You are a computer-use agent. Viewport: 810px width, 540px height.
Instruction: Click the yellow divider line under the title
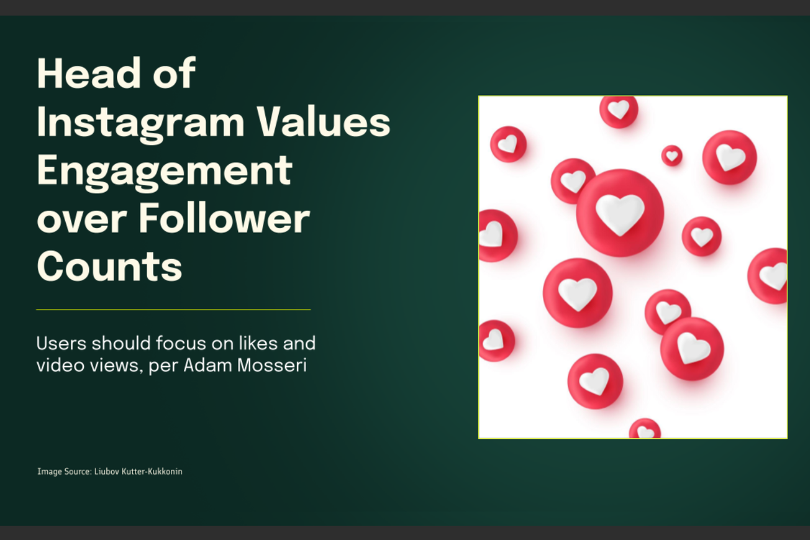click(x=173, y=309)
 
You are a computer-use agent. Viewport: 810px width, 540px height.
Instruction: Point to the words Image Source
click(x=64, y=472)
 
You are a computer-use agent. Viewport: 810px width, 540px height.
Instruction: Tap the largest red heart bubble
click(x=620, y=213)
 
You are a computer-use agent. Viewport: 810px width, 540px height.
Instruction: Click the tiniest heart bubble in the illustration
click(x=671, y=155)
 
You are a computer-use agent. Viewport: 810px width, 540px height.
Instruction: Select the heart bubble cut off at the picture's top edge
click(x=619, y=110)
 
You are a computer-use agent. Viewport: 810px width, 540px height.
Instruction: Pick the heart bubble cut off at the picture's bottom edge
click(x=645, y=429)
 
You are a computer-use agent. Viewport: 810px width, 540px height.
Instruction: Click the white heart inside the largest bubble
click(x=620, y=213)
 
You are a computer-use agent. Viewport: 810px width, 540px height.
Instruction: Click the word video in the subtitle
click(x=55, y=365)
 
